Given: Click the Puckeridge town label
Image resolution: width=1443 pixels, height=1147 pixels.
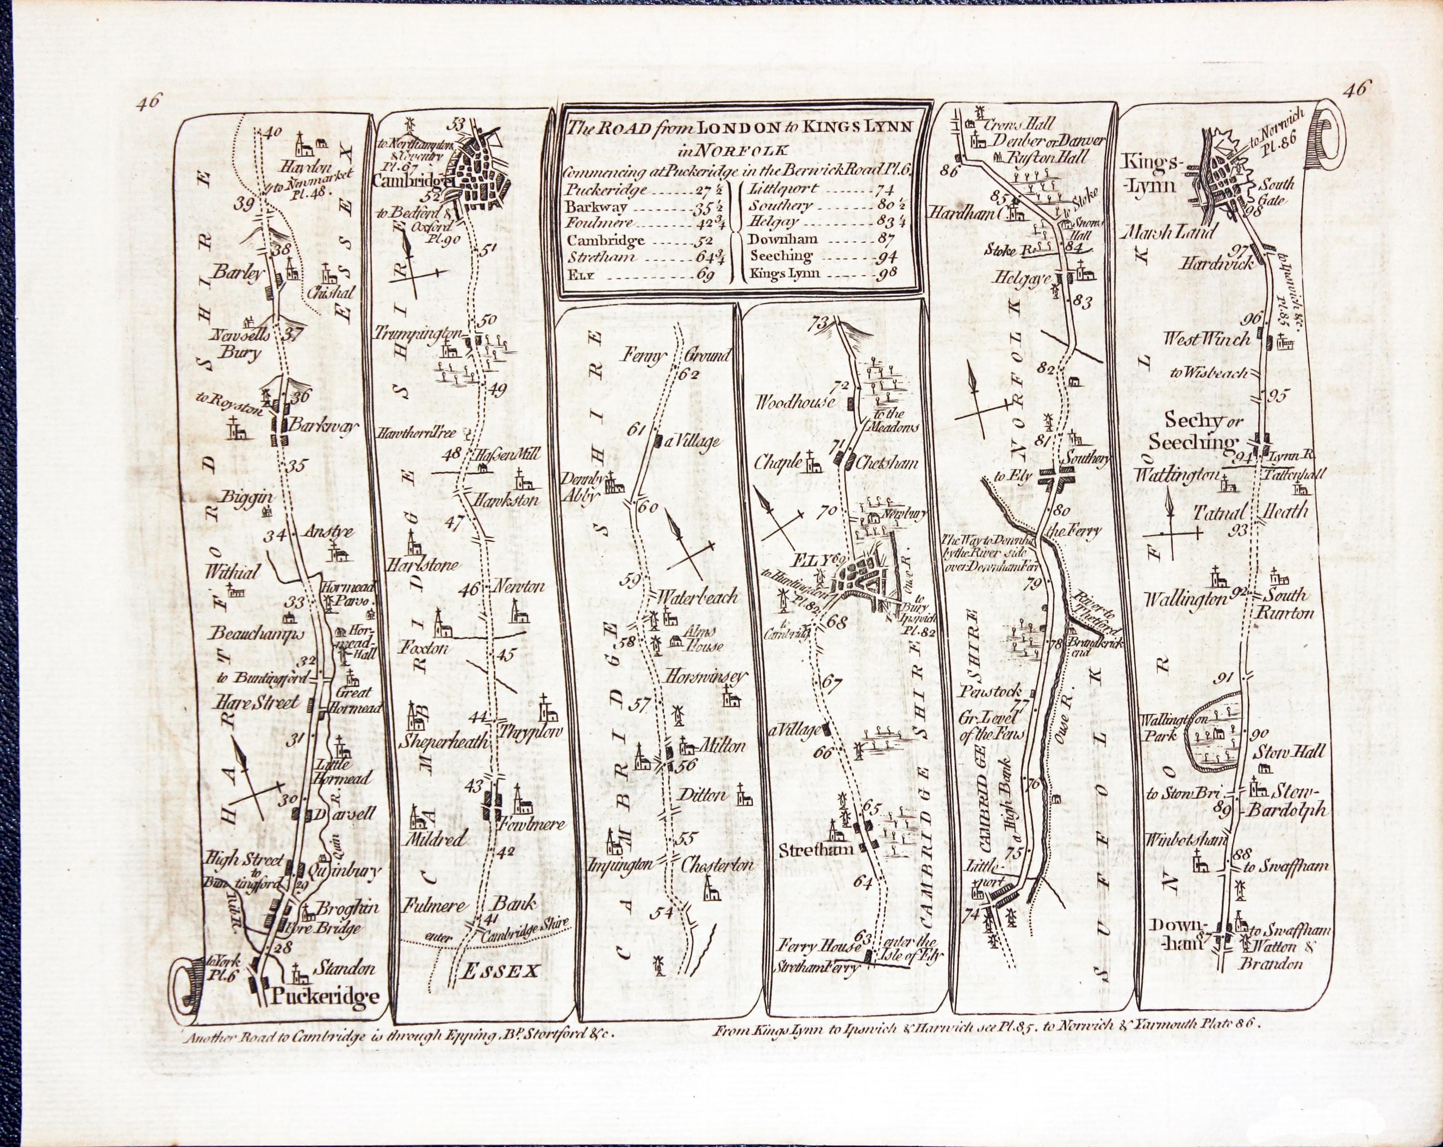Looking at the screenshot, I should point(325,996).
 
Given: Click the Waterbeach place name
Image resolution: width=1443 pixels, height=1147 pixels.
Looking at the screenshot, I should point(698,595).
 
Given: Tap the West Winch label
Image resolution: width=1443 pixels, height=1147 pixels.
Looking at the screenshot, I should point(1206,339).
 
